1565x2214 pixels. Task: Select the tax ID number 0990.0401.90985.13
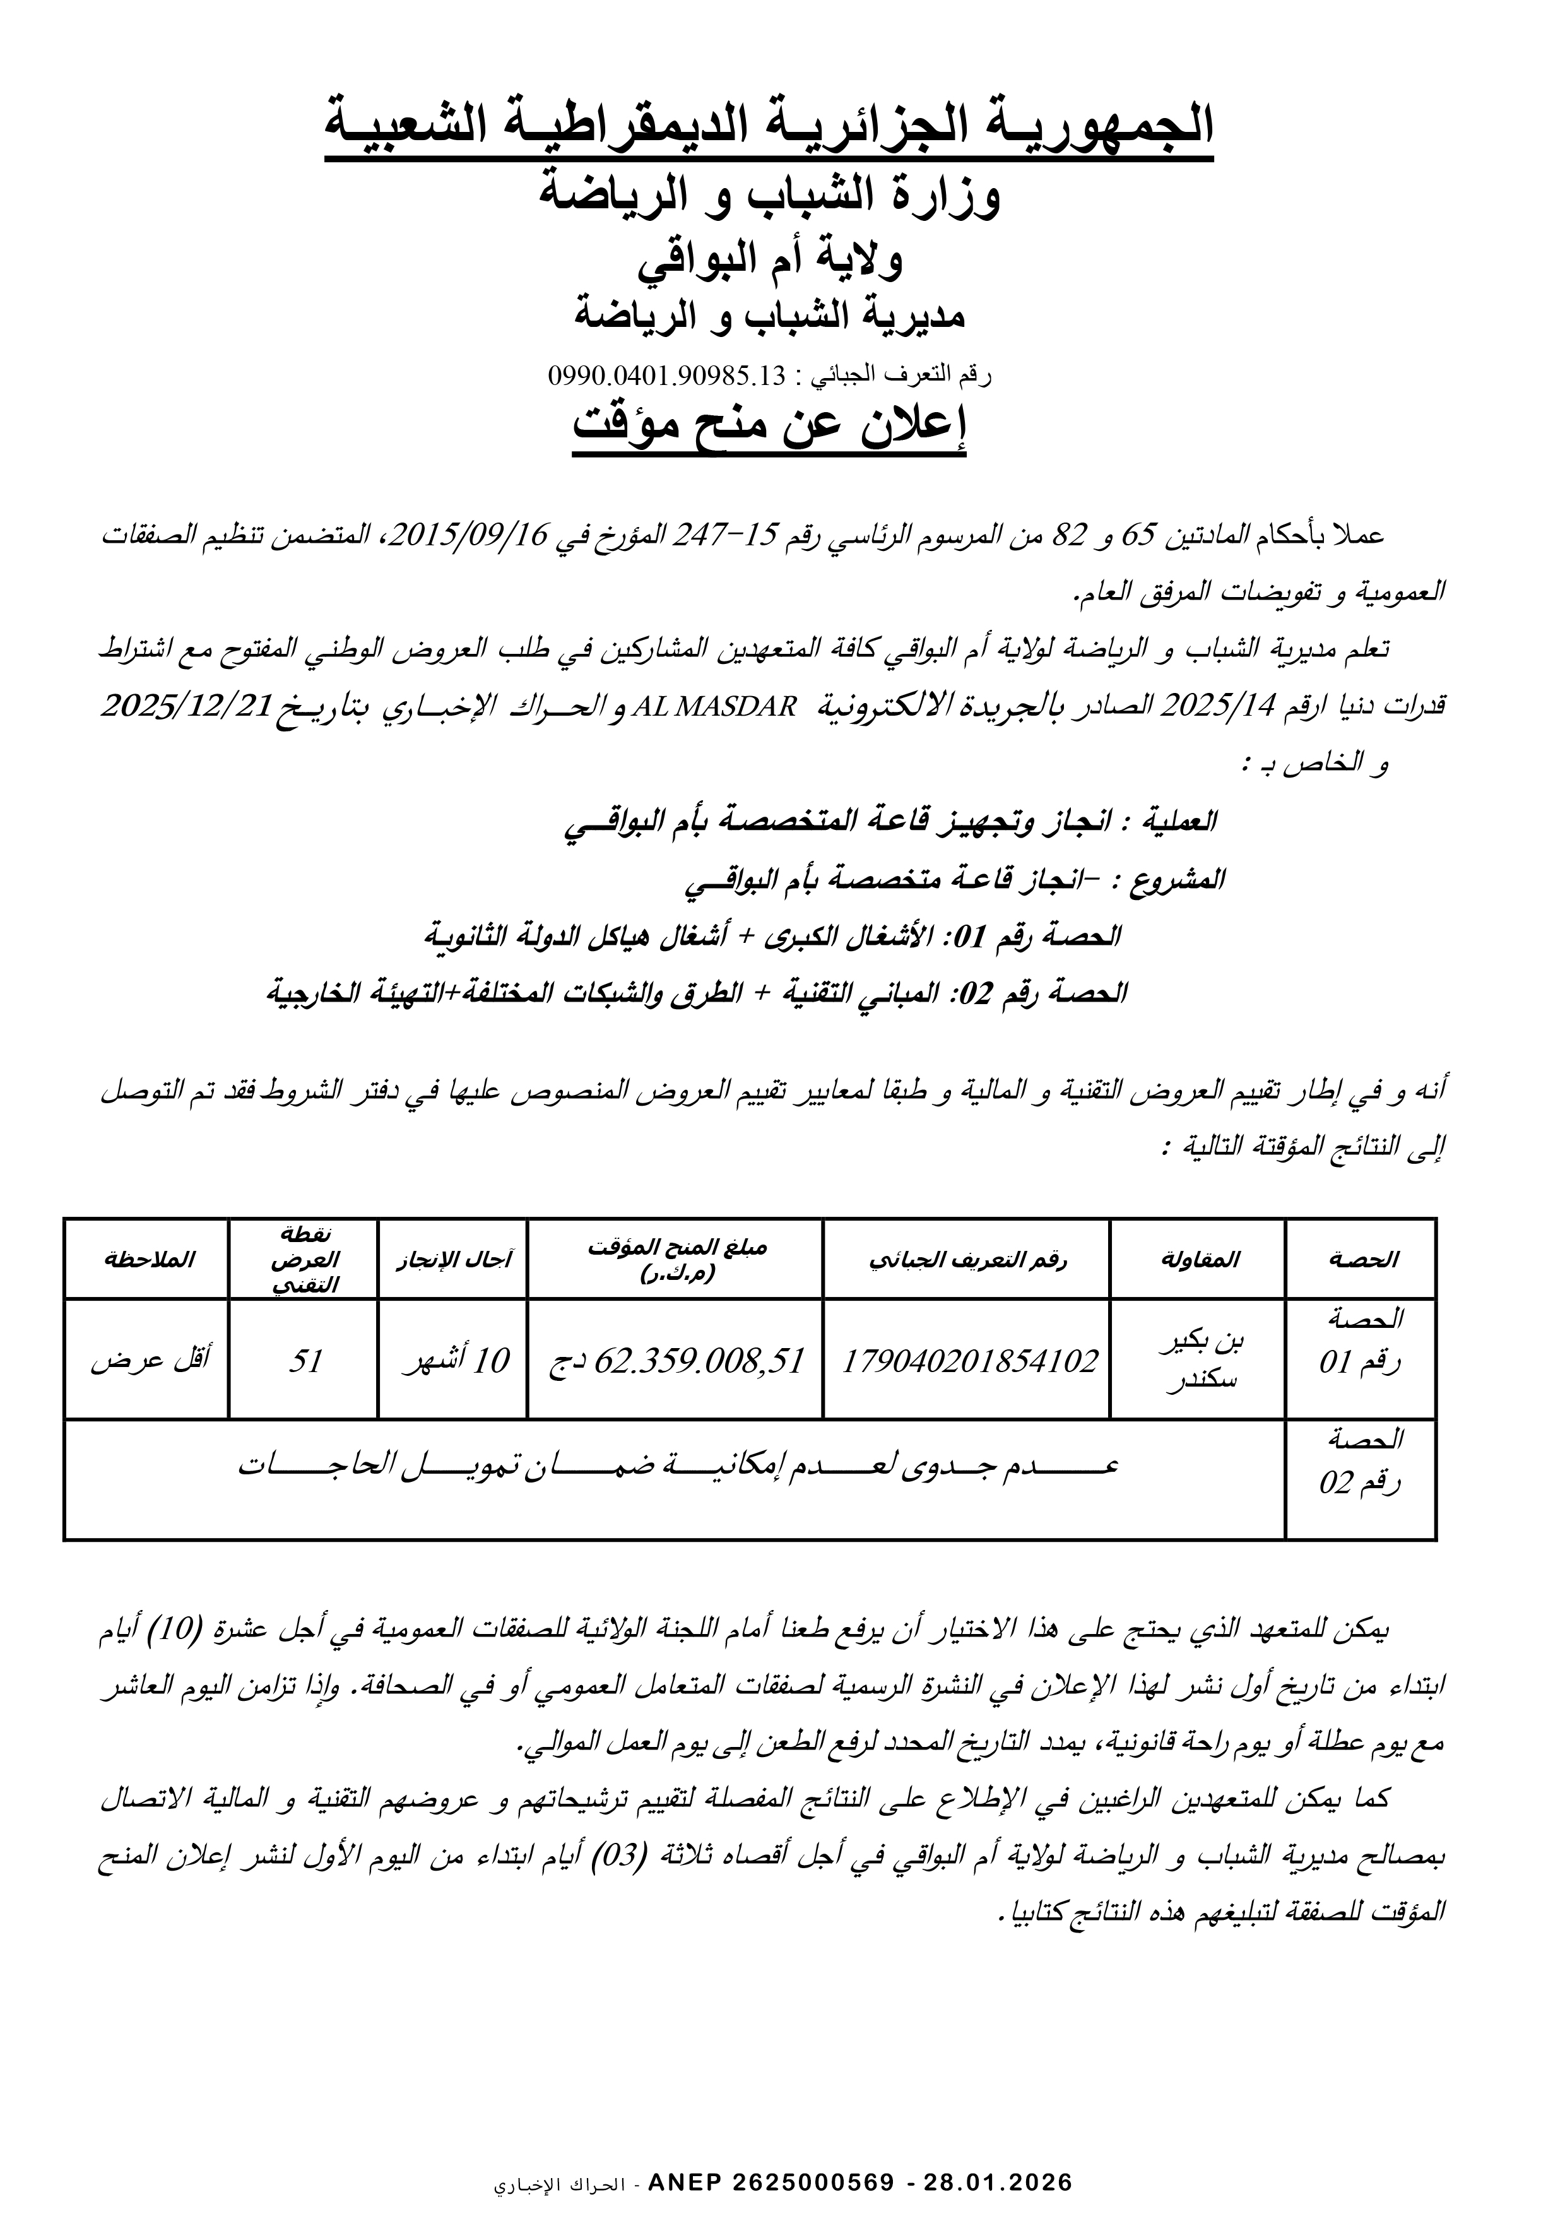click(667, 375)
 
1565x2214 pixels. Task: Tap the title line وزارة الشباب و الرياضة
click(769, 197)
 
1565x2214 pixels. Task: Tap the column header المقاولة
click(1198, 1259)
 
